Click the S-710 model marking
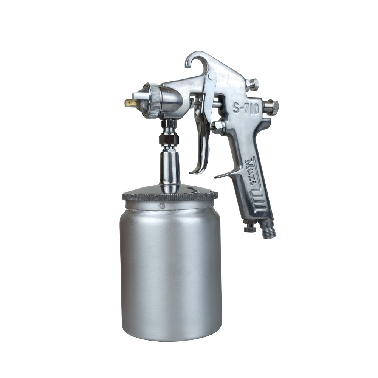tap(246, 108)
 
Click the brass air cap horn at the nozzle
tap(130, 103)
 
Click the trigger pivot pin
tap(212, 76)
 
